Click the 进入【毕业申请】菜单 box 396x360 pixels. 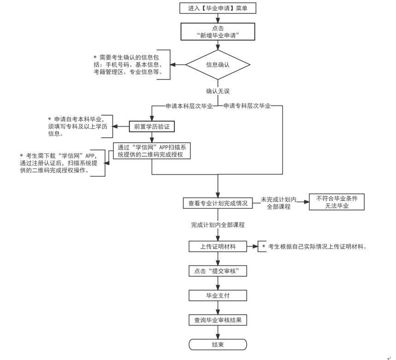coord(218,8)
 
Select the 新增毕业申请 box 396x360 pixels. coord(218,31)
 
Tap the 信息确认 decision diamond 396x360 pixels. coord(218,65)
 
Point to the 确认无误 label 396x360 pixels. coord(218,91)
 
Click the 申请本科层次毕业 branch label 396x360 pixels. coord(189,106)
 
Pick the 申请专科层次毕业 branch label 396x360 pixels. coord(247,106)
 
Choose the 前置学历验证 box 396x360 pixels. coord(152,126)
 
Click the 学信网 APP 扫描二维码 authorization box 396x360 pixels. coord(152,151)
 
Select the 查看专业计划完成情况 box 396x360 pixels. coord(218,203)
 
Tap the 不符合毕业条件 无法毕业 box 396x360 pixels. coord(336,202)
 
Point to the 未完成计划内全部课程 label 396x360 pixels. coord(279,203)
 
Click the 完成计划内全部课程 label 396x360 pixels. coord(218,225)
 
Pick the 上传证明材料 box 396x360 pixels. coord(218,247)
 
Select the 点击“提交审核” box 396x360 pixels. coord(218,271)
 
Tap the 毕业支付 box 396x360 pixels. coord(218,295)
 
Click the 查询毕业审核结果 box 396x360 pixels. coord(218,320)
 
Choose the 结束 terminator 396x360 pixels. coord(218,344)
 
